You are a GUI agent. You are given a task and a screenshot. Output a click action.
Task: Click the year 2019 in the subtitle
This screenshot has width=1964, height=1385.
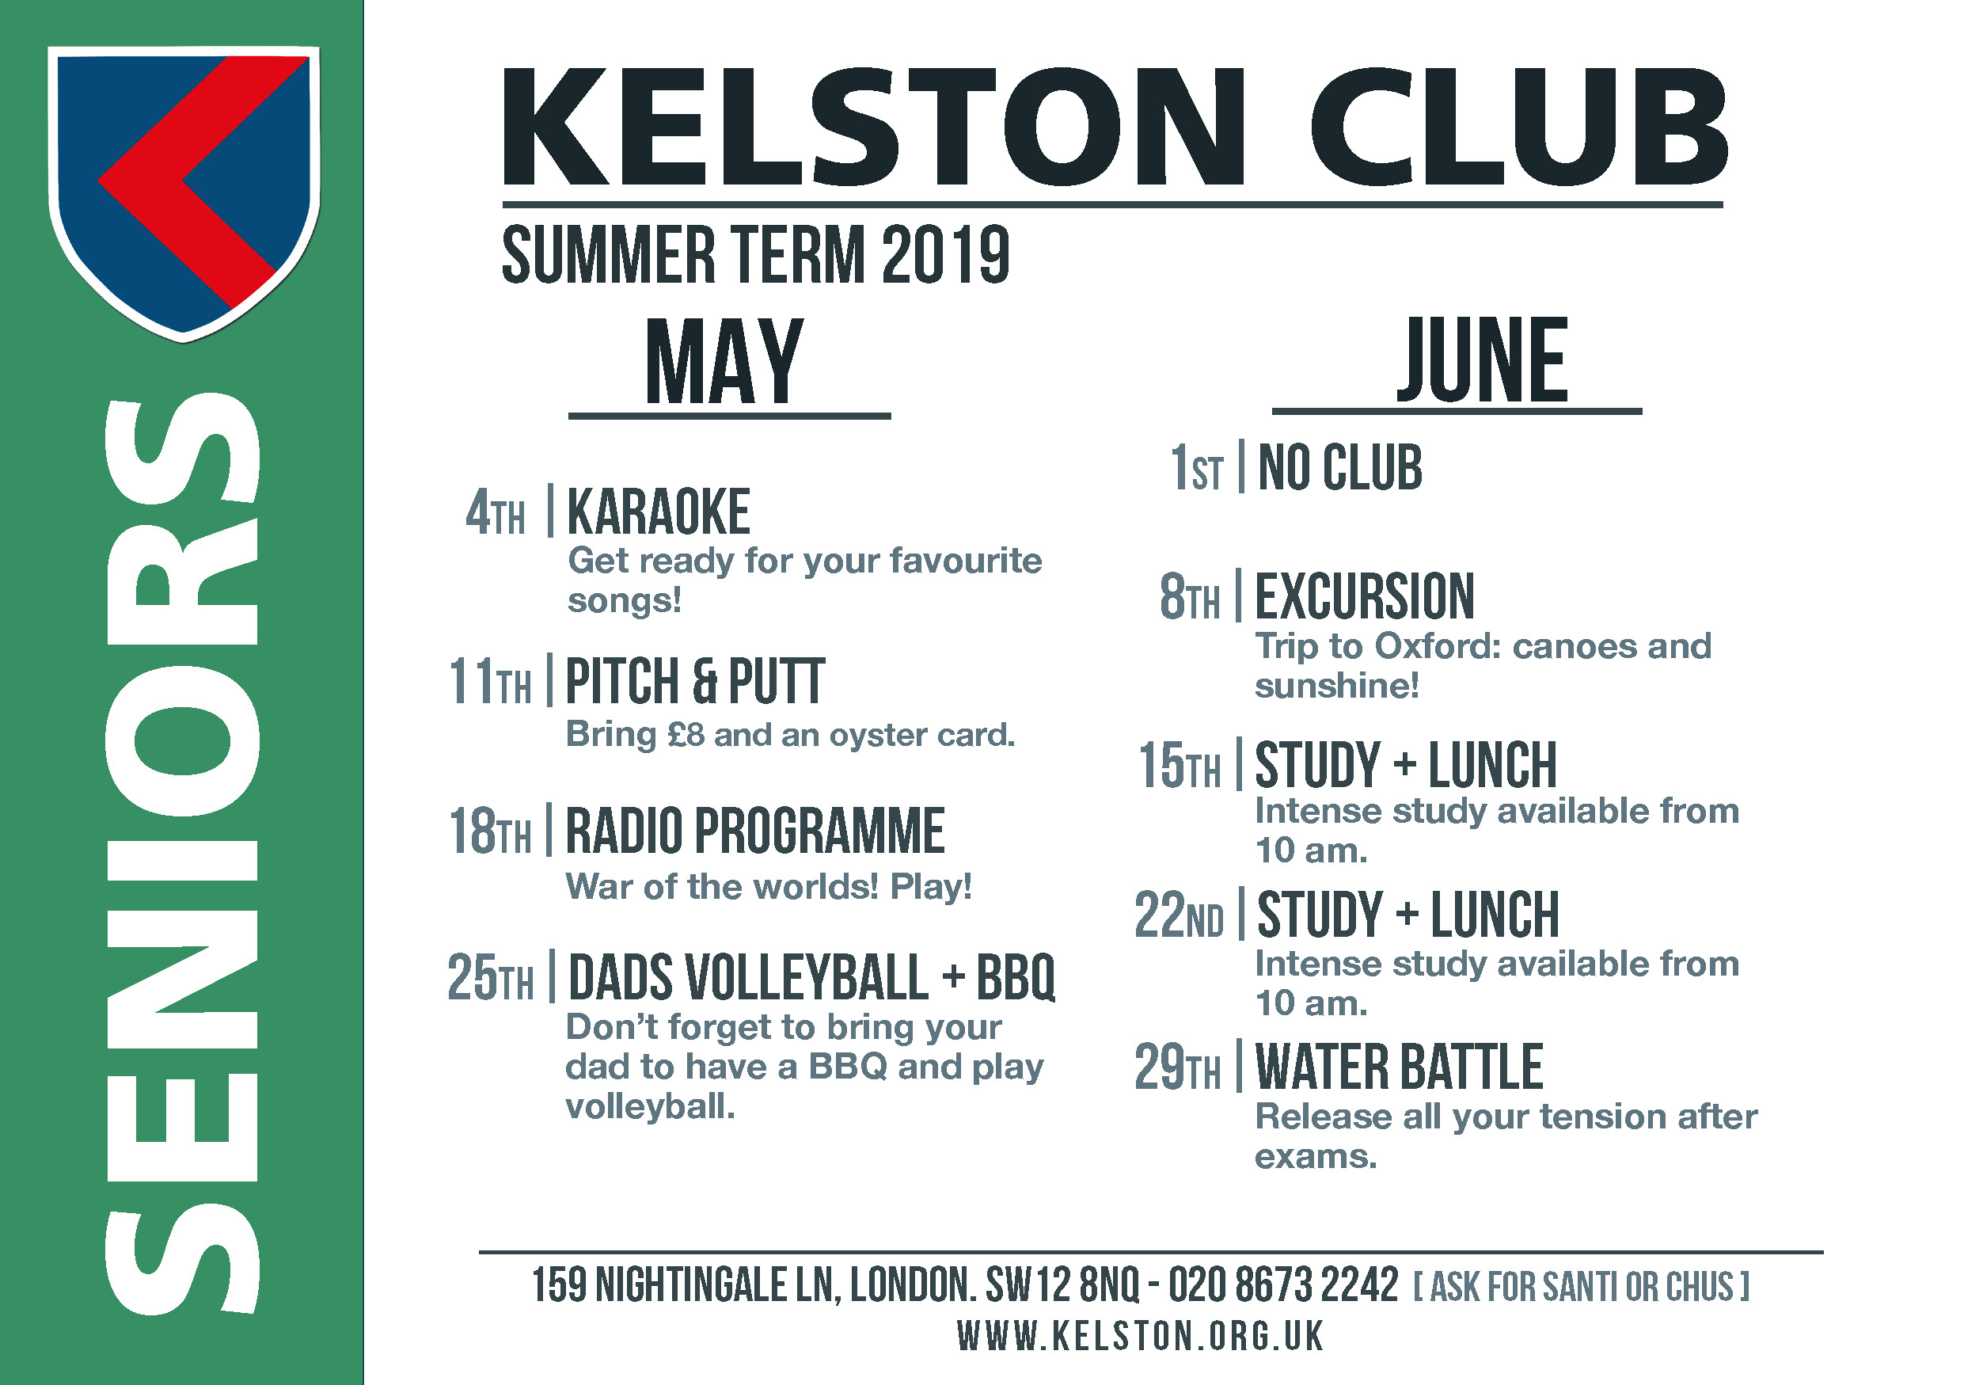coord(945,254)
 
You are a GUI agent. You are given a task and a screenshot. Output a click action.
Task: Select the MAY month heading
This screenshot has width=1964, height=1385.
coord(724,360)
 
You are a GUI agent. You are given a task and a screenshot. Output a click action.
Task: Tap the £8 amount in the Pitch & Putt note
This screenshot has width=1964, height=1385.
coord(686,735)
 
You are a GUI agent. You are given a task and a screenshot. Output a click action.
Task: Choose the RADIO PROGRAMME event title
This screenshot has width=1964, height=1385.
coord(755,830)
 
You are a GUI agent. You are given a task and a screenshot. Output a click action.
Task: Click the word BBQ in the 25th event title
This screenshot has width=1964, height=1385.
coord(1016,977)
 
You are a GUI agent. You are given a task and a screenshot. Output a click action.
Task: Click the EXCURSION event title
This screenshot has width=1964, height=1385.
coord(1365,595)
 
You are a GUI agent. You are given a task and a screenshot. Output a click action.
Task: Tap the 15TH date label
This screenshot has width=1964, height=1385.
coord(1179,765)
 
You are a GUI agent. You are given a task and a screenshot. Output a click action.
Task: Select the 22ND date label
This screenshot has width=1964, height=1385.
coord(1179,915)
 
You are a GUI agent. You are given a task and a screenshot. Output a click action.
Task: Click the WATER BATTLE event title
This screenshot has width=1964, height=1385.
coord(1400,1067)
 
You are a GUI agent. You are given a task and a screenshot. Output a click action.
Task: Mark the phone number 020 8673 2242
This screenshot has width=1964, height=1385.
coord(1283,1285)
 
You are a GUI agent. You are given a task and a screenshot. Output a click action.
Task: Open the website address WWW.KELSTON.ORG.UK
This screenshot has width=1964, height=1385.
coord(1140,1336)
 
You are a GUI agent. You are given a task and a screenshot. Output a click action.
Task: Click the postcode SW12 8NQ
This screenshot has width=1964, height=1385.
coord(1062,1285)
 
